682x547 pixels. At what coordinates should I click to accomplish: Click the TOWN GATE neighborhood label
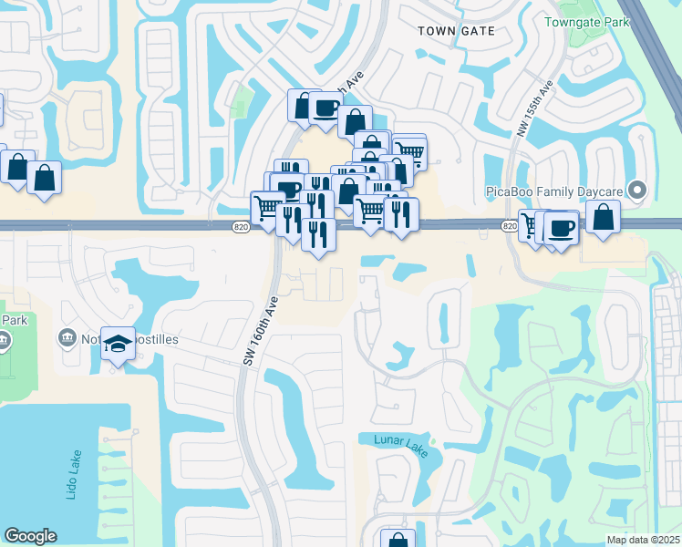pos(456,30)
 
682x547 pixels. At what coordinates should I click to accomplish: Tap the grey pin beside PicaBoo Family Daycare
pos(638,191)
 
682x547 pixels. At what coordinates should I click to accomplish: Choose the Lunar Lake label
pos(400,439)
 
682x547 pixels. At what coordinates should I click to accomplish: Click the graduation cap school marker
pos(118,344)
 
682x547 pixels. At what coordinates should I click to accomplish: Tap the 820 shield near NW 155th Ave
pos(510,226)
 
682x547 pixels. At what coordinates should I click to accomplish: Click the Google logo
pos(30,536)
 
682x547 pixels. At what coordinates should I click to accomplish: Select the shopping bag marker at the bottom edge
pos(398,541)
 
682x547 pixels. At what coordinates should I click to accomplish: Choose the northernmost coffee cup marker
pos(325,107)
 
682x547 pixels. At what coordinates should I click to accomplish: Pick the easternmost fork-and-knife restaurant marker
pos(401,214)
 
